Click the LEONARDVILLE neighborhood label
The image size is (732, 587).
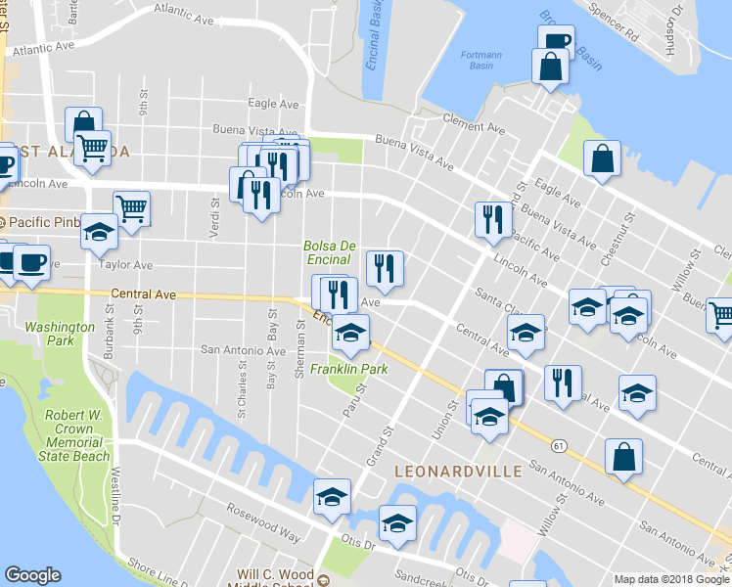click(x=452, y=472)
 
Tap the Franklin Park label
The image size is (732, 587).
click(x=349, y=369)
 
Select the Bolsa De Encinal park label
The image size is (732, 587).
click(x=327, y=252)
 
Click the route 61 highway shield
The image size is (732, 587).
click(x=559, y=445)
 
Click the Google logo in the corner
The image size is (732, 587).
click(x=32, y=575)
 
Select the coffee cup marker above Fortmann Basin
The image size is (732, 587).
click(x=555, y=41)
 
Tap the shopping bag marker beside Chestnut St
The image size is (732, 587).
click(x=603, y=158)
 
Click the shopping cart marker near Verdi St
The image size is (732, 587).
click(x=131, y=206)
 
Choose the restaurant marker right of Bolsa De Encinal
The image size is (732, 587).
click(x=384, y=267)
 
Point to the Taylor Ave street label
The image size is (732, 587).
click(x=125, y=265)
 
